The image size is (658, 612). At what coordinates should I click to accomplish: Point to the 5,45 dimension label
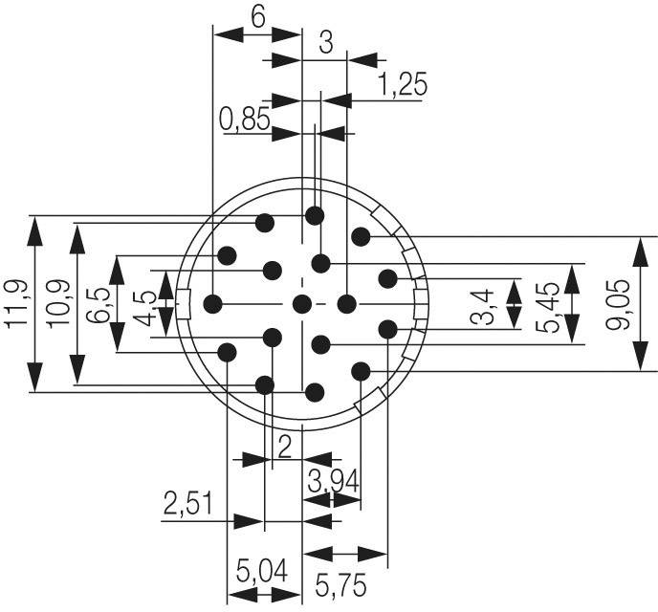(x=548, y=308)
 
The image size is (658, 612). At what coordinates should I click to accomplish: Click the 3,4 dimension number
(x=483, y=307)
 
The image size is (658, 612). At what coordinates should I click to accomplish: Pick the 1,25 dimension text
(x=403, y=84)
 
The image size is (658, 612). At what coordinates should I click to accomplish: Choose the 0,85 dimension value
(x=244, y=120)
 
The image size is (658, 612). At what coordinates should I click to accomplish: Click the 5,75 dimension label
(x=340, y=585)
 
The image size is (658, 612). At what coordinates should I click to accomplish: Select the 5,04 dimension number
(x=262, y=571)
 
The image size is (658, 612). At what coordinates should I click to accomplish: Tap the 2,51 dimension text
(x=187, y=503)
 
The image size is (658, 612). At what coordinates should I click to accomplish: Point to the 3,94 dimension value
(x=333, y=481)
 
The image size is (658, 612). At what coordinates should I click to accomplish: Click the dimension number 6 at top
(x=258, y=17)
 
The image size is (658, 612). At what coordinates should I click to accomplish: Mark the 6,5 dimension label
(x=99, y=304)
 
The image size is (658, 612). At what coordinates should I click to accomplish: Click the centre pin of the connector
(x=301, y=304)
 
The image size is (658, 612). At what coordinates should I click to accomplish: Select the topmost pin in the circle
(x=315, y=216)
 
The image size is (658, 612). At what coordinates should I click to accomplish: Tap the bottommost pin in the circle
(x=315, y=393)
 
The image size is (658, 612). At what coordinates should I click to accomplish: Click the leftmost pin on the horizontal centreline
(x=212, y=304)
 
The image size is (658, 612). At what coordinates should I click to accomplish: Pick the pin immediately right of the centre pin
(x=346, y=304)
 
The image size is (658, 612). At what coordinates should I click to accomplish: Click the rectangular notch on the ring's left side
(x=184, y=304)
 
